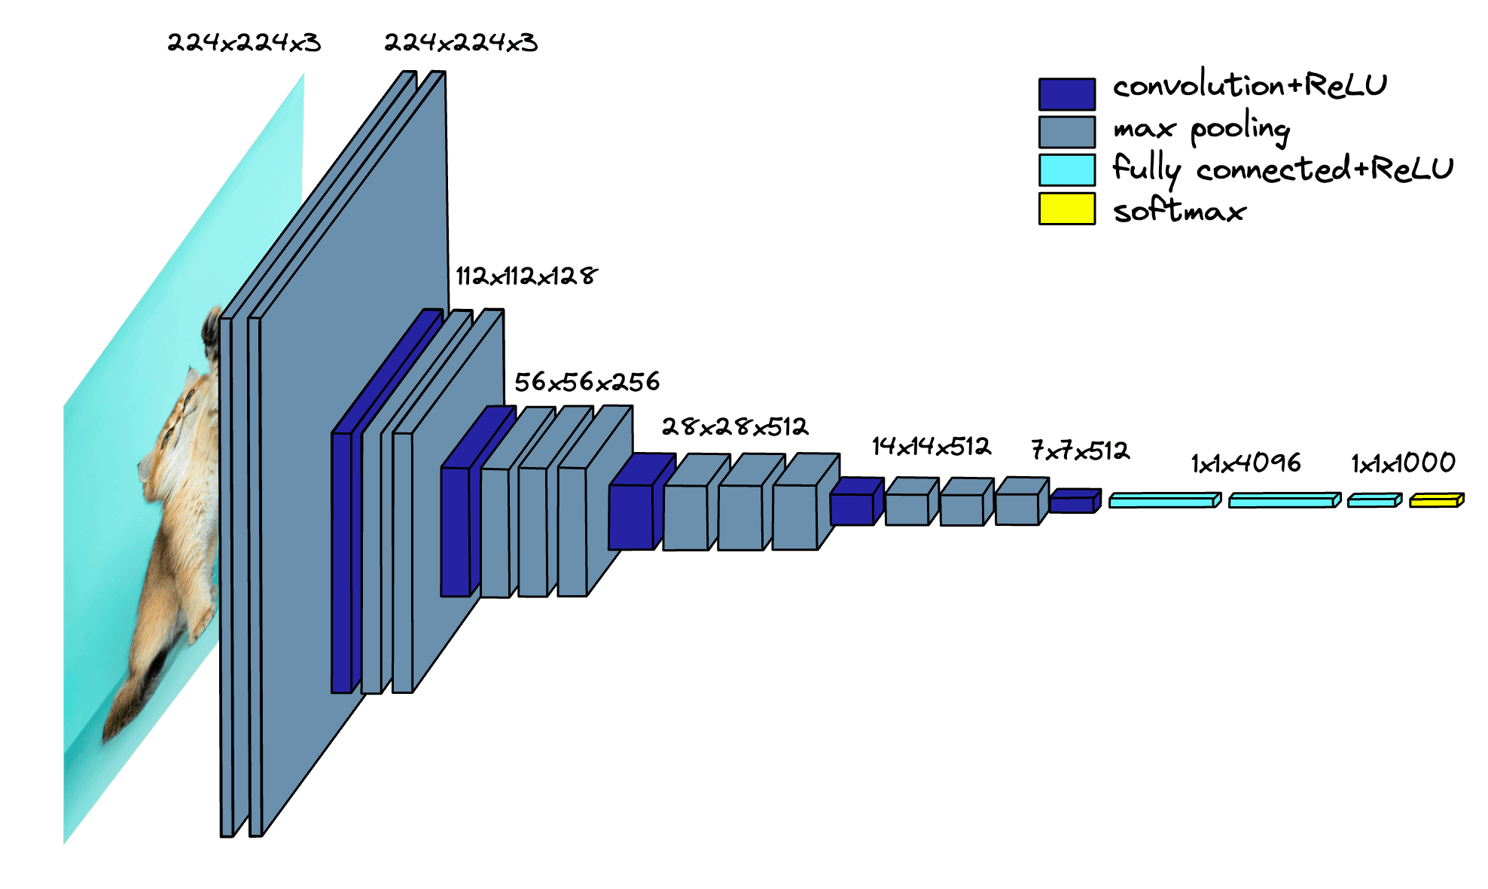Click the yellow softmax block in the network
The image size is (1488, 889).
pyautogui.click(x=1435, y=500)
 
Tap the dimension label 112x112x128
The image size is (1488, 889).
pyautogui.click(x=526, y=276)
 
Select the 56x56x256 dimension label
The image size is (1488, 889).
pyautogui.click(x=587, y=382)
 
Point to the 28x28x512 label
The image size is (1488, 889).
pyautogui.click(x=734, y=427)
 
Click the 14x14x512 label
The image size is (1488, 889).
pyautogui.click(x=931, y=447)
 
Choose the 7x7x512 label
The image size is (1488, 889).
pyautogui.click(x=1080, y=451)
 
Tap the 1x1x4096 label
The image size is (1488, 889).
pyautogui.click(x=1246, y=463)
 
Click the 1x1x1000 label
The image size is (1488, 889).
pyautogui.click(x=1403, y=463)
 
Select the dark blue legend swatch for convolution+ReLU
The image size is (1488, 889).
pyautogui.click(x=1066, y=94)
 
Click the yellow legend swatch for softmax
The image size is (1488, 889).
pyautogui.click(x=1066, y=209)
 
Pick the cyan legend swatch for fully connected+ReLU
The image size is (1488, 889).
pyautogui.click(x=1066, y=170)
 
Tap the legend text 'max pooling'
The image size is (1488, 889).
pyautogui.click(x=1201, y=129)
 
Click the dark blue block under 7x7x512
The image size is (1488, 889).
pyautogui.click(x=1072, y=503)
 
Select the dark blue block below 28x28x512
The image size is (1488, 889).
pyautogui.click(x=631, y=516)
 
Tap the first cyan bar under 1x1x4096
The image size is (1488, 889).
pyautogui.click(x=1162, y=501)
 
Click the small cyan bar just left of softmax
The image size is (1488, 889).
pyautogui.click(x=1373, y=501)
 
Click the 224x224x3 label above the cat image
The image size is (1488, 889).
pyautogui.click(x=244, y=43)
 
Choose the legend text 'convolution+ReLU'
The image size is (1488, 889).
pyautogui.click(x=1249, y=85)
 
